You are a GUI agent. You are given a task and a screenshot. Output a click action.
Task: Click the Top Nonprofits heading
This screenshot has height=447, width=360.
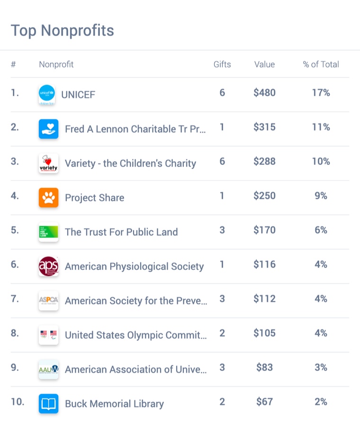tap(63, 31)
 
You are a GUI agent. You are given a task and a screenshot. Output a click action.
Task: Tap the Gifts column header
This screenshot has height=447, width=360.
tap(222, 64)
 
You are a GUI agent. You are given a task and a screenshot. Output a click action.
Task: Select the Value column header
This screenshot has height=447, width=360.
tap(264, 64)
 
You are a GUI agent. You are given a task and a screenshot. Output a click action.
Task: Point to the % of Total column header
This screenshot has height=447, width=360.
tap(321, 64)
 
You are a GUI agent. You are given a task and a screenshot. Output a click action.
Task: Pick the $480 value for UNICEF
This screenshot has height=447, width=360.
tap(264, 93)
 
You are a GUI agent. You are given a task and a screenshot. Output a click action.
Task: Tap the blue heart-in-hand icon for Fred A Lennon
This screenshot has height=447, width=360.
tap(48, 129)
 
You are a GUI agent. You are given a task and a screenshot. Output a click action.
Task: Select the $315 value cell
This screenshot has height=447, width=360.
tap(264, 127)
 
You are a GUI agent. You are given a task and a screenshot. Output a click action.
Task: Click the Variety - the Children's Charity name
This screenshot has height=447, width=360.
tap(130, 163)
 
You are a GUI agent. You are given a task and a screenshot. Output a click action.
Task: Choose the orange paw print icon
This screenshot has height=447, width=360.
tap(48, 197)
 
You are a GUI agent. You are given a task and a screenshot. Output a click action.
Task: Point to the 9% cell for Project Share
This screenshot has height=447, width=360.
tap(321, 196)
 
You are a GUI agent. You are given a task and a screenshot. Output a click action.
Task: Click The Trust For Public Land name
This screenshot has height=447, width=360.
tap(121, 232)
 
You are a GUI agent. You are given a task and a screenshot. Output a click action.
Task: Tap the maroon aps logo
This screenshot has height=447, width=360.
tap(48, 266)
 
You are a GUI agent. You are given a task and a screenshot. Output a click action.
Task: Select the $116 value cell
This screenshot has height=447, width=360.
tap(264, 264)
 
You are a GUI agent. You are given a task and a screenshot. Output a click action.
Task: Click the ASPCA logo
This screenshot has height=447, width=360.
tap(48, 301)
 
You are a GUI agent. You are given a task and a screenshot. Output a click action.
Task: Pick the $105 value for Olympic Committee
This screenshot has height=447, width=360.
tap(264, 333)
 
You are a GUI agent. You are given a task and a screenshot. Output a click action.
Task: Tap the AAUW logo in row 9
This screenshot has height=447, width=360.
tap(48, 369)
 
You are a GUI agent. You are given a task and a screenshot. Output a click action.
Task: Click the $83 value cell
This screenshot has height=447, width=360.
tap(264, 367)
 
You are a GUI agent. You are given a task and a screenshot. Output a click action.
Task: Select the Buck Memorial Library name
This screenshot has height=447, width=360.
tap(114, 404)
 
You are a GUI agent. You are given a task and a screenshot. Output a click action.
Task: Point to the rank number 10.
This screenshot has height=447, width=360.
tap(18, 402)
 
